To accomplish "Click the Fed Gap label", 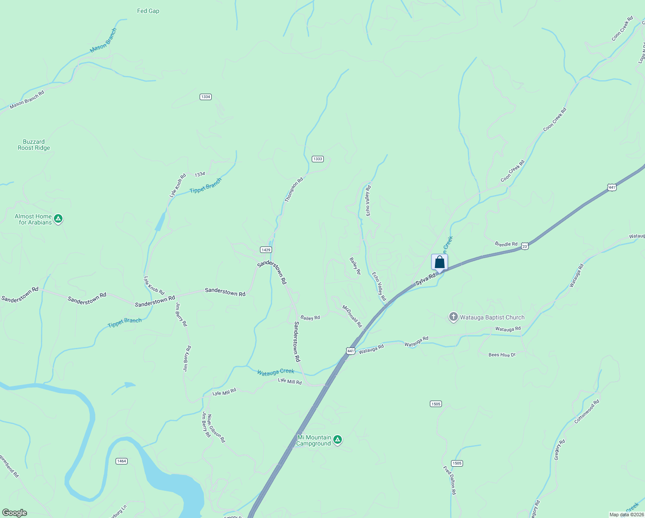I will pyautogui.click(x=148, y=11).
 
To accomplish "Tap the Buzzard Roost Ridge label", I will pyautogui.click(x=34, y=145).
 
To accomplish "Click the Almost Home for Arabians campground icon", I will pyautogui.click(x=58, y=219).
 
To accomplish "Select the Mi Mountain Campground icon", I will pyautogui.click(x=338, y=440).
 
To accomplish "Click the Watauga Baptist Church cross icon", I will pyautogui.click(x=453, y=317).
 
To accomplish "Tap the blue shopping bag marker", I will pyautogui.click(x=439, y=262).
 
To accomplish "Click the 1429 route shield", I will pyautogui.click(x=266, y=250).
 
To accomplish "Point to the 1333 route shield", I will pyautogui.click(x=318, y=159).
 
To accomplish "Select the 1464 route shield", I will pyautogui.click(x=122, y=461).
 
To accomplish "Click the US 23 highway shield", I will pyautogui.click(x=524, y=246).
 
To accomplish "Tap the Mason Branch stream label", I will pyautogui.click(x=103, y=41).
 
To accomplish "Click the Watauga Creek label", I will pyautogui.click(x=276, y=372).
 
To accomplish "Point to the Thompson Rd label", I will pyautogui.click(x=294, y=190).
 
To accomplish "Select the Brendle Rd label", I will pyautogui.click(x=506, y=244).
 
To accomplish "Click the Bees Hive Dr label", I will pyautogui.click(x=502, y=355).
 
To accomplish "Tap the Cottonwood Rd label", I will pyautogui.click(x=587, y=411).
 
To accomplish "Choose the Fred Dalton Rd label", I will pyautogui.click(x=449, y=480).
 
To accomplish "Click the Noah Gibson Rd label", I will pyautogui.click(x=216, y=428).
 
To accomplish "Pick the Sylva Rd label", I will pyautogui.click(x=425, y=279).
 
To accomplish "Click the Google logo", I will pyautogui.click(x=14, y=513).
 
